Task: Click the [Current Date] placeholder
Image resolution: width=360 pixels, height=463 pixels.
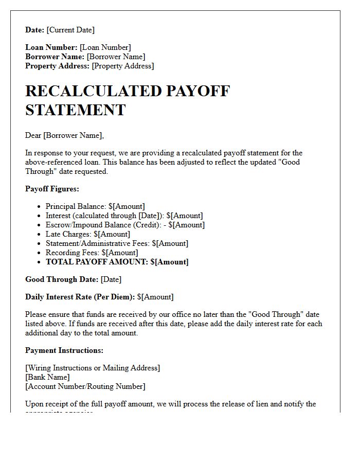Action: click(x=70, y=30)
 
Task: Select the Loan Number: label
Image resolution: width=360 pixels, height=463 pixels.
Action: click(x=51, y=47)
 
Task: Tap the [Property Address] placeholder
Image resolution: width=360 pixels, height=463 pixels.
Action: click(x=122, y=66)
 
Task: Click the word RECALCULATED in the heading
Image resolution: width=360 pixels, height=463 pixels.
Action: click(x=93, y=91)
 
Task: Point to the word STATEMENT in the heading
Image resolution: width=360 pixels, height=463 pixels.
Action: click(x=75, y=110)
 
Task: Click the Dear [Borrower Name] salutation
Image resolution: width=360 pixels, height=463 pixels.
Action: click(x=64, y=135)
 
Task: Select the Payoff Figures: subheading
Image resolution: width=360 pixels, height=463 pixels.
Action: click(x=52, y=189)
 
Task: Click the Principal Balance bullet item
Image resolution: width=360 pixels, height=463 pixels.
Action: click(x=95, y=206)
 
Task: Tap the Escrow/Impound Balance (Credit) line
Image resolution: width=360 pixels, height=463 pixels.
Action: click(x=125, y=225)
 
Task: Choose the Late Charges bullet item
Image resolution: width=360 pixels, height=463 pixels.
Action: click(x=87, y=234)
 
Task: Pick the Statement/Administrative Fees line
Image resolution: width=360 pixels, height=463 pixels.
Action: click(x=117, y=243)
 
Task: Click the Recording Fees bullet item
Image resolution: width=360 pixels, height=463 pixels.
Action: click(x=92, y=253)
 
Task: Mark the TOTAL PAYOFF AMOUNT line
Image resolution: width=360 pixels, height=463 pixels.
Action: click(x=117, y=262)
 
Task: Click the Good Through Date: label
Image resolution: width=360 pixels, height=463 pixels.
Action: click(x=62, y=279)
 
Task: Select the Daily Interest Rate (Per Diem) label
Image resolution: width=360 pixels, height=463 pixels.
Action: click(x=80, y=297)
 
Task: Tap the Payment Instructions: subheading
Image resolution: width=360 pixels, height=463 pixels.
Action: click(x=64, y=350)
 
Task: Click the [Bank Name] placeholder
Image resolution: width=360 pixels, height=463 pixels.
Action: click(x=47, y=377)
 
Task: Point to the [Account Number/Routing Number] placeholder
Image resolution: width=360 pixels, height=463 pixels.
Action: click(x=85, y=386)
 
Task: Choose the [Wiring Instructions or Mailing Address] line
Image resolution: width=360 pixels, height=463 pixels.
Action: click(x=93, y=368)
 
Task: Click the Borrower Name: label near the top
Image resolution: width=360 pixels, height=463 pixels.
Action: click(x=55, y=57)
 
